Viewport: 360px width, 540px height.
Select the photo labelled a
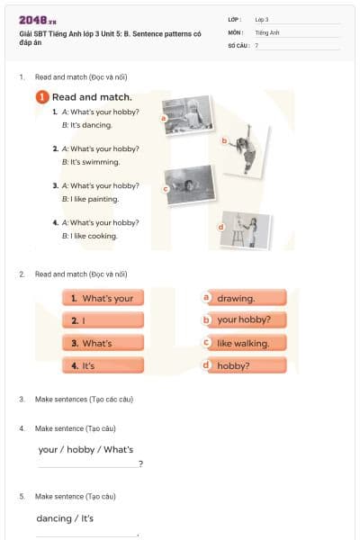click(x=188, y=114)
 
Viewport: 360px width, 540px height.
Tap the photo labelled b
click(x=245, y=148)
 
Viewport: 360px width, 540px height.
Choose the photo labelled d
click(x=246, y=229)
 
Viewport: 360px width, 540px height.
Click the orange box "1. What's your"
click(x=103, y=298)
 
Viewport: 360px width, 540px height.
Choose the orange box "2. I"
click(x=103, y=320)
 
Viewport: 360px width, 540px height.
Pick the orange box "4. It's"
click(x=103, y=365)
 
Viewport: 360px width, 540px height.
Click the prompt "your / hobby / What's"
click(x=86, y=449)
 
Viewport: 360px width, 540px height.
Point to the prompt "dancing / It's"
click(x=65, y=518)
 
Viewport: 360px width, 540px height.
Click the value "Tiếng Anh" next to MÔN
click(x=267, y=31)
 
